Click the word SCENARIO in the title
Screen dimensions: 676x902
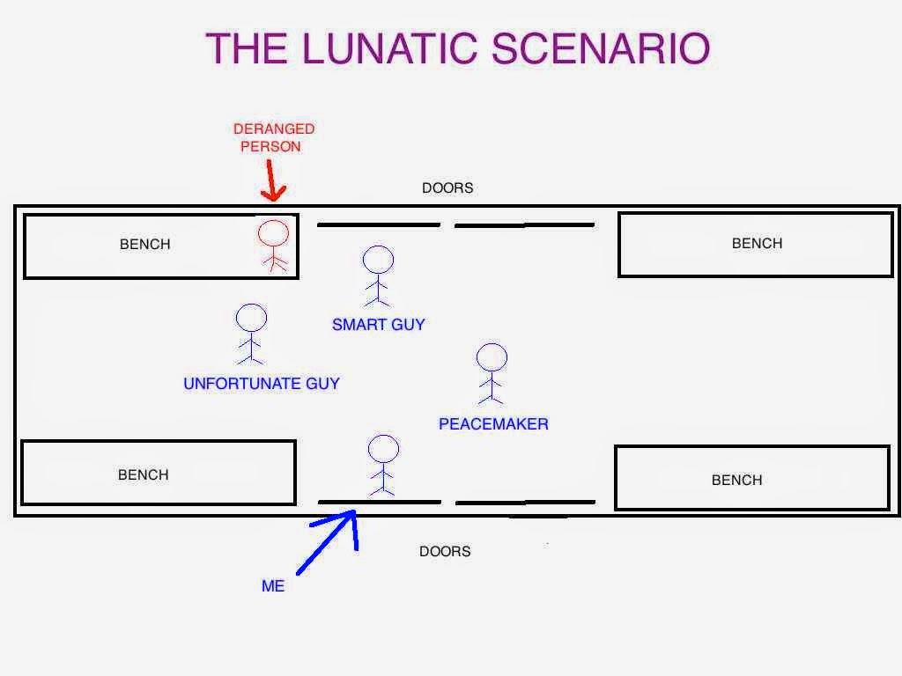click(601, 48)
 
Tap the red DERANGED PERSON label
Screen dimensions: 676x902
click(273, 137)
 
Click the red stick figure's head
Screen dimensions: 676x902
click(273, 234)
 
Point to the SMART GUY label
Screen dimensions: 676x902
click(378, 325)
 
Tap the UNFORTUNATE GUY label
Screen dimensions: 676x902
click(261, 384)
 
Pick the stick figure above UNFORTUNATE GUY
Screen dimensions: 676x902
click(251, 333)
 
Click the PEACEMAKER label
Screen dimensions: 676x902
click(493, 424)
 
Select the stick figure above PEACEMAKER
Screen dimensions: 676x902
click(492, 373)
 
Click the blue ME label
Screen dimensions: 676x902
click(273, 586)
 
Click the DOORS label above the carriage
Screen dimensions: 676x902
click(447, 188)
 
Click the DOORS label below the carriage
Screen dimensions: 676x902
click(445, 552)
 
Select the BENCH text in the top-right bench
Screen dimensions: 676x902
click(757, 244)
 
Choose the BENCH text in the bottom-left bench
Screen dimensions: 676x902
click(143, 475)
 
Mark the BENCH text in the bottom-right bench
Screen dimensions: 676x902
click(736, 481)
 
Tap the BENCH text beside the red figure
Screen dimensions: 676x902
click(144, 245)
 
